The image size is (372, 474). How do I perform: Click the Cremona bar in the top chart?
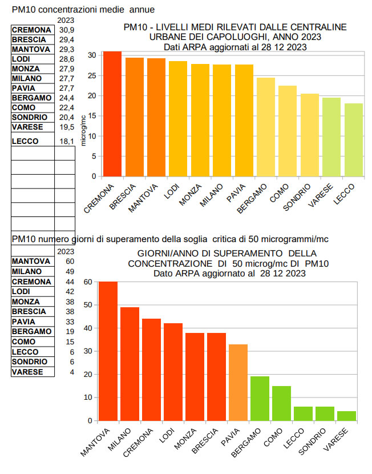coord(112,114)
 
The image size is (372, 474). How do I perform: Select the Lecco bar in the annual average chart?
coord(354,140)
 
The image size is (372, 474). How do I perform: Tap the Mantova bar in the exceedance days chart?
coord(108,351)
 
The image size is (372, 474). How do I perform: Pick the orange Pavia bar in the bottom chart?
coord(238,383)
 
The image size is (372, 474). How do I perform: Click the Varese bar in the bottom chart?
coord(347,416)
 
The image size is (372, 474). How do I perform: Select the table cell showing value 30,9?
coord(67,30)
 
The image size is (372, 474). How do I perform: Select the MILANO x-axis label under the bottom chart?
coord(122,440)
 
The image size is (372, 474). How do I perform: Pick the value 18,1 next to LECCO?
coord(67,141)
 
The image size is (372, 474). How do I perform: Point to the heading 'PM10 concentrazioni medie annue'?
coord(83,10)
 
